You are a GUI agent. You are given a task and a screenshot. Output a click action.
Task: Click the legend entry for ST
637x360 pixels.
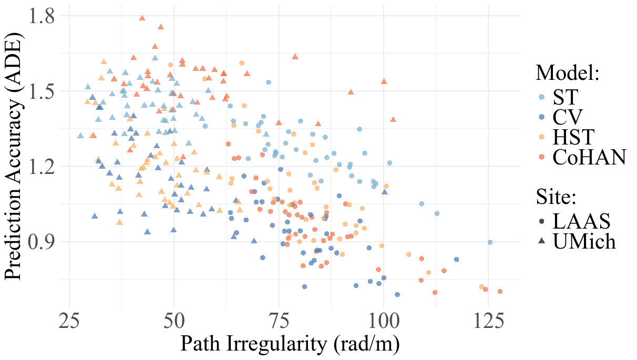[x=565, y=97]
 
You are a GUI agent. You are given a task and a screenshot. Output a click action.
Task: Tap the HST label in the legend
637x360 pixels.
[x=573, y=137]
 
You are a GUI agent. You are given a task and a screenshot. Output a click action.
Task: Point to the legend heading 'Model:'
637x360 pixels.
[x=568, y=73]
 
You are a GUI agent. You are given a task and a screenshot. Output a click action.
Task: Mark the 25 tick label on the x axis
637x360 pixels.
[x=69, y=320]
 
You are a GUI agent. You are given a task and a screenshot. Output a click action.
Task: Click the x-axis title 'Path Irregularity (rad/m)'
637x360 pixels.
[x=290, y=344]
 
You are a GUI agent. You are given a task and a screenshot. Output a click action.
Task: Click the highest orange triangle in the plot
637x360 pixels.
[x=142, y=18]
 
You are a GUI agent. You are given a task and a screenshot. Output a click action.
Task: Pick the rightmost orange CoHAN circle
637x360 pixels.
[x=500, y=291]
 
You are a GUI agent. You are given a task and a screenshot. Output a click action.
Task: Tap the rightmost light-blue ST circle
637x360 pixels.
[x=490, y=242]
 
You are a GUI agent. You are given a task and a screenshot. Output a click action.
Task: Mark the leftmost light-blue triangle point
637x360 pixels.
[x=80, y=136]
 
